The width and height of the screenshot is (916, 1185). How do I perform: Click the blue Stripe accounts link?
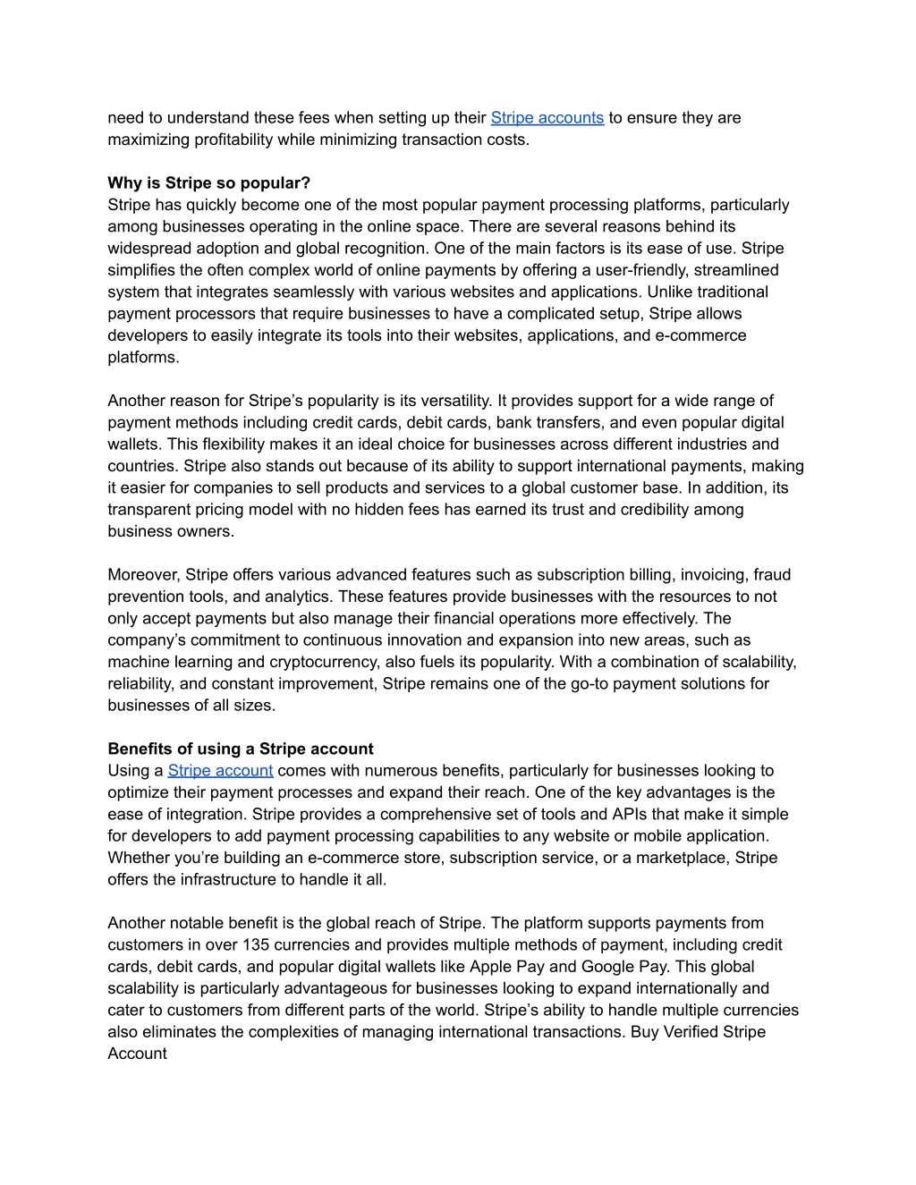pos(547,118)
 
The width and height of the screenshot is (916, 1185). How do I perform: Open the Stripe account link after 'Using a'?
pos(220,771)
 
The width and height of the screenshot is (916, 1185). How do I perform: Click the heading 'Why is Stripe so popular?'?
pos(208,183)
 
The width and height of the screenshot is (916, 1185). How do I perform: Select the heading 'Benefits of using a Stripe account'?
pos(241,749)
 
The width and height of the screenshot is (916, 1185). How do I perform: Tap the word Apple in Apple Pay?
pos(491,967)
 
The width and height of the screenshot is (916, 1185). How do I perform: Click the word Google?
pos(606,967)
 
